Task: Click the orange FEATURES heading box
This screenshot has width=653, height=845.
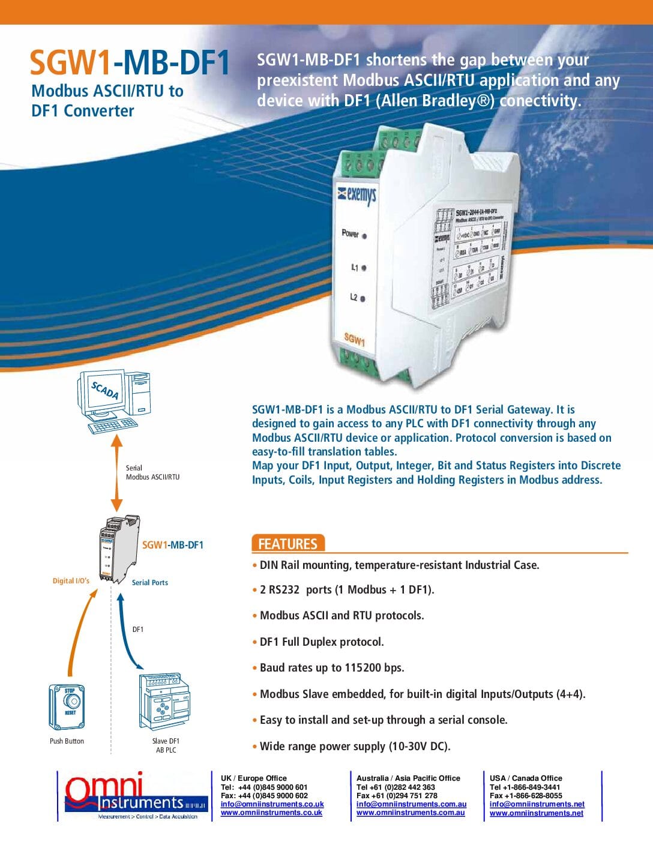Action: [287, 544]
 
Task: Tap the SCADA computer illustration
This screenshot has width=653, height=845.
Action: [114, 401]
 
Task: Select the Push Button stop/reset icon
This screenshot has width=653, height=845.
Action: [67, 706]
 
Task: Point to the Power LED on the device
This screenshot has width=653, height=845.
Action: [364, 236]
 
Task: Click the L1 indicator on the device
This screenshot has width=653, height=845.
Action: [364, 268]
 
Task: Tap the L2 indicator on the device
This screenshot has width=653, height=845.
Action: [363, 298]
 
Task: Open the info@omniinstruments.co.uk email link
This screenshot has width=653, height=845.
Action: [272, 804]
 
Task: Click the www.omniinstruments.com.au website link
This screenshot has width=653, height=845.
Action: [411, 813]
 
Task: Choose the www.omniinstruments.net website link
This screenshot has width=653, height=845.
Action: [536, 813]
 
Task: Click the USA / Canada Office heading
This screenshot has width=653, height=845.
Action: [526, 778]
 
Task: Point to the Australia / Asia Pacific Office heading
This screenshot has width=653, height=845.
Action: [408, 778]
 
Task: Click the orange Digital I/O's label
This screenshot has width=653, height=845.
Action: [71, 581]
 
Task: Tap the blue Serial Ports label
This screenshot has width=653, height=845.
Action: [150, 583]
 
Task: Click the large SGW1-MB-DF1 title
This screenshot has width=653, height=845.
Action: [130, 63]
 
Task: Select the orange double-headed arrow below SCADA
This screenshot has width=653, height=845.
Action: [117, 473]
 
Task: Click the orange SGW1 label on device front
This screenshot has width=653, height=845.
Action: [354, 340]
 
